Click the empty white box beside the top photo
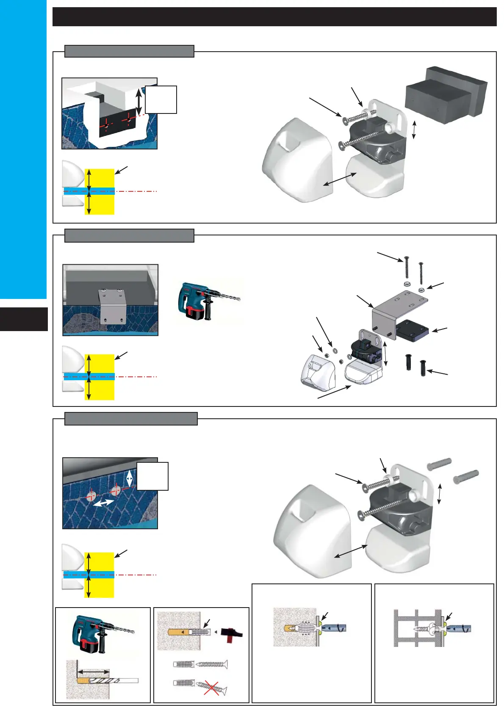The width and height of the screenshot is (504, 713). tap(161, 99)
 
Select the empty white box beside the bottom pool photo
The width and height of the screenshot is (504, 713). tap(152, 476)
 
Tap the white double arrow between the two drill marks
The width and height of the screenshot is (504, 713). tap(103, 503)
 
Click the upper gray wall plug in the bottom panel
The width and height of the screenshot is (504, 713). tap(439, 464)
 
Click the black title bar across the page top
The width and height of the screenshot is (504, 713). tap(274, 17)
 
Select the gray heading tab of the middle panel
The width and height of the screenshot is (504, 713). tap(129, 235)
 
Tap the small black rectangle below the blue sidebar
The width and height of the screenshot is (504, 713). tap(24, 319)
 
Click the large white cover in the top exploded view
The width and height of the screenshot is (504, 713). tap(296, 161)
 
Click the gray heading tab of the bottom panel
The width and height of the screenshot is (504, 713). tap(131, 419)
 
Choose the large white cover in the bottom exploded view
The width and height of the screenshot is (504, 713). tap(313, 533)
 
